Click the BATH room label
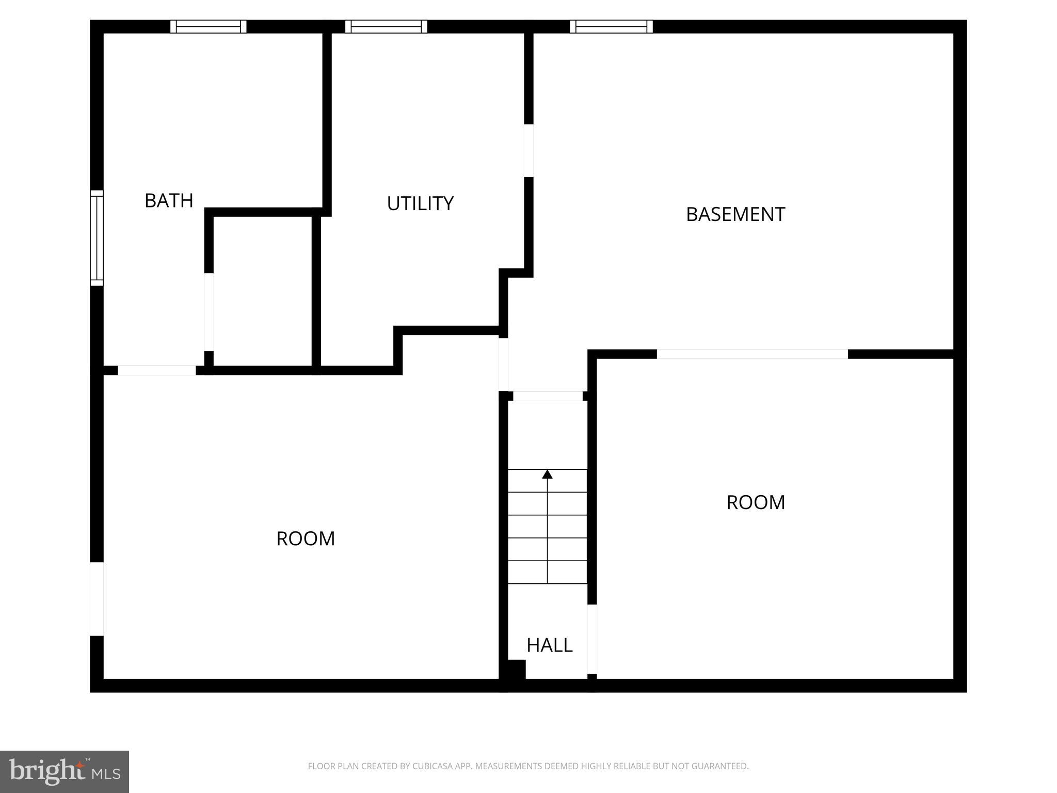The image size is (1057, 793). pyautogui.click(x=169, y=200)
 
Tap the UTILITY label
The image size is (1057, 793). pyautogui.click(x=420, y=203)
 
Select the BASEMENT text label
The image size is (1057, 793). pyautogui.click(x=735, y=214)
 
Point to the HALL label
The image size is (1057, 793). pyautogui.click(x=549, y=645)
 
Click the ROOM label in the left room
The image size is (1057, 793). pyautogui.click(x=306, y=538)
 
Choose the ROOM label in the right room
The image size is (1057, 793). pyautogui.click(x=756, y=502)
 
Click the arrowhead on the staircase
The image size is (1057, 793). pyautogui.click(x=547, y=474)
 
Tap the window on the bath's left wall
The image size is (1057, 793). pyautogui.click(x=97, y=237)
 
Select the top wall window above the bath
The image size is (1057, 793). pyautogui.click(x=209, y=26)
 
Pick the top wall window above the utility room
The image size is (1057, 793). pyautogui.click(x=386, y=26)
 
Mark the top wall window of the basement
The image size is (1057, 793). pyautogui.click(x=611, y=26)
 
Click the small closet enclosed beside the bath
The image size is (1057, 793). pyautogui.click(x=263, y=291)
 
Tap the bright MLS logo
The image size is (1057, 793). pyautogui.click(x=65, y=771)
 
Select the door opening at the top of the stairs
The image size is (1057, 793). pyautogui.click(x=548, y=396)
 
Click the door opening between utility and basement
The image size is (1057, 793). pyautogui.click(x=528, y=151)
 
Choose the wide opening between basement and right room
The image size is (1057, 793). pyautogui.click(x=752, y=354)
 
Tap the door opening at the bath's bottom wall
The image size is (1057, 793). pyautogui.click(x=157, y=370)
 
